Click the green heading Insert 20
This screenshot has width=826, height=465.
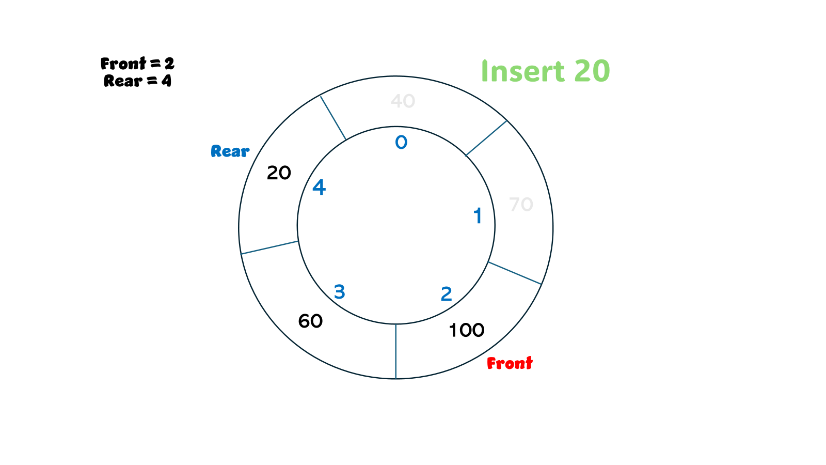click(x=545, y=71)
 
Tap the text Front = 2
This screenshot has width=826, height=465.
click(x=137, y=64)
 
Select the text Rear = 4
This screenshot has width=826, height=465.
click(x=137, y=81)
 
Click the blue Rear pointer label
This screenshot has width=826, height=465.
click(x=230, y=151)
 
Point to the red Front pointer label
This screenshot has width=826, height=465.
click(x=510, y=363)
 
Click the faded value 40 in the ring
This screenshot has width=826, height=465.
click(x=403, y=101)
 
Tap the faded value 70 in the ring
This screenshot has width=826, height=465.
click(x=521, y=205)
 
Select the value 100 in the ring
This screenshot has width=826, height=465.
click(x=466, y=330)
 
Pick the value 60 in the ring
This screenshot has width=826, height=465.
click(x=310, y=321)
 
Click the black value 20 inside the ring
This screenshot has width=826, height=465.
click(x=279, y=173)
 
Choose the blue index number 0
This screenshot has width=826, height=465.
click(x=401, y=143)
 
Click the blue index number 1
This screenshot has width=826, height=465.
click(x=478, y=216)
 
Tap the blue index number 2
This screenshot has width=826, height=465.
click(x=447, y=294)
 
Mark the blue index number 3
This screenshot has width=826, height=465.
click(x=339, y=292)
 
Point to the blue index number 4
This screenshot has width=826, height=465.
click(x=319, y=188)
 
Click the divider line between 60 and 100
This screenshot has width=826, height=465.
click(x=396, y=351)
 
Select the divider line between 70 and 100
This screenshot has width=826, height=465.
click(x=515, y=273)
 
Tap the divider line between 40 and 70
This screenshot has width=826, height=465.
click(x=486, y=138)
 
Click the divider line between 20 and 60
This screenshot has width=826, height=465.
click(x=269, y=247)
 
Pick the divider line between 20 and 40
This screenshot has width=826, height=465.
click(x=333, y=118)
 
